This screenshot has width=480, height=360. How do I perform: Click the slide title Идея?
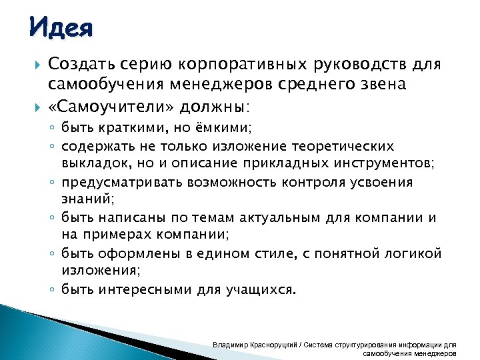(x=61, y=28)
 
